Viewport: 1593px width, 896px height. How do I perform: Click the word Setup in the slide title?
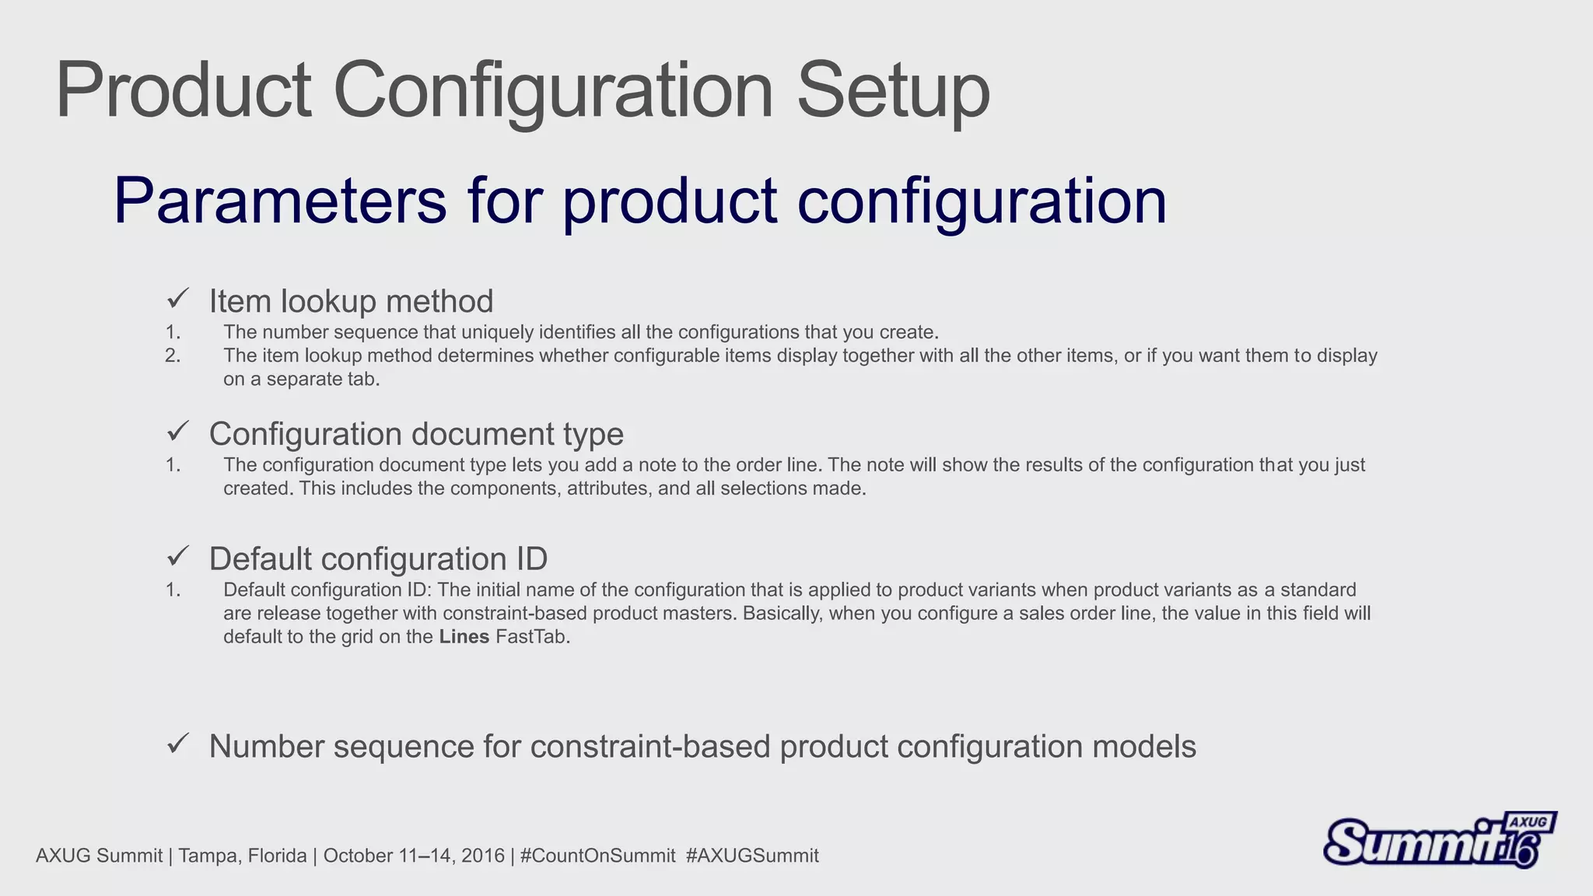893,92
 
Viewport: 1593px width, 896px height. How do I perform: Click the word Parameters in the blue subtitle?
280,201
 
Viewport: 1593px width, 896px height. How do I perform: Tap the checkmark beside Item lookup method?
178,298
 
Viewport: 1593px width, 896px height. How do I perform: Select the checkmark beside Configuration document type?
178,430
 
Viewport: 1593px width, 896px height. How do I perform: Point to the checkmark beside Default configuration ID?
178,556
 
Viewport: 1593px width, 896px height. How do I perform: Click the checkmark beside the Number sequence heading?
178,744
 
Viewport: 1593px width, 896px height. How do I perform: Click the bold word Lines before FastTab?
464,637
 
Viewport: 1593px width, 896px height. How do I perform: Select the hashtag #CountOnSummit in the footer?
597,856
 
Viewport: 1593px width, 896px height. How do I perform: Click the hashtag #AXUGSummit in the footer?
752,856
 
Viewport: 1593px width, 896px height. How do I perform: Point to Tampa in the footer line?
204,856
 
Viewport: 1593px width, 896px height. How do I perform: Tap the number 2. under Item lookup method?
173,356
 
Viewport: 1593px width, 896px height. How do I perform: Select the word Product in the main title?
184,92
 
